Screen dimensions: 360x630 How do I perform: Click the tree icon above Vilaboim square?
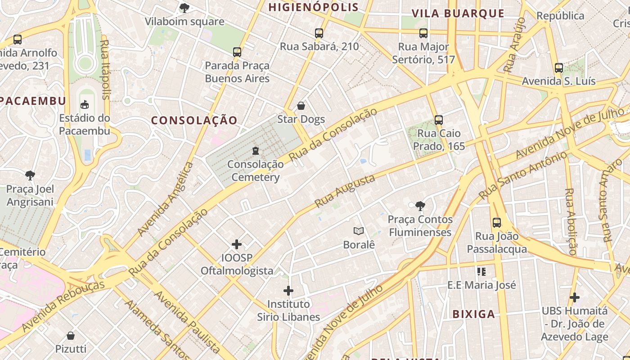184,8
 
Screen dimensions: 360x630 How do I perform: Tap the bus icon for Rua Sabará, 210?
319,33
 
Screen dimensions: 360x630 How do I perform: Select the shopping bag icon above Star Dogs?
301,106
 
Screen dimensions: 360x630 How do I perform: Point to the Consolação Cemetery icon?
256,151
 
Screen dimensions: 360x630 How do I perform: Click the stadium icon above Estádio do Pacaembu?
84,105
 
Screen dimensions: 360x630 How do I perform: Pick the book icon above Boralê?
359,231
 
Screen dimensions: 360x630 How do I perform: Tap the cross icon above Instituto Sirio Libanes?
288,291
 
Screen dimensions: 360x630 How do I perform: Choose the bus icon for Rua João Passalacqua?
497,223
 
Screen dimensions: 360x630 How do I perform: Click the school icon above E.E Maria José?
481,271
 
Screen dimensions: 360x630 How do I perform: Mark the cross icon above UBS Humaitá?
574,297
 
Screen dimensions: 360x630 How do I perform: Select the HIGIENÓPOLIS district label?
314,7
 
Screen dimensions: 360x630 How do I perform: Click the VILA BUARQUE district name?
458,13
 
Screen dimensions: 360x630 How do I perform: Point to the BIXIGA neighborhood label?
473,314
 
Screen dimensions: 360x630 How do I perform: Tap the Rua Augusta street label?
345,191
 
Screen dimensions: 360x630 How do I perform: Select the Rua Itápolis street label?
105,69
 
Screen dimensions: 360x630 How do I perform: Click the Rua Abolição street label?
570,221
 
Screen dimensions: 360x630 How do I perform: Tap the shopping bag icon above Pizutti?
71,336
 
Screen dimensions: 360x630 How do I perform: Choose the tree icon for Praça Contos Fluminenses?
420,206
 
